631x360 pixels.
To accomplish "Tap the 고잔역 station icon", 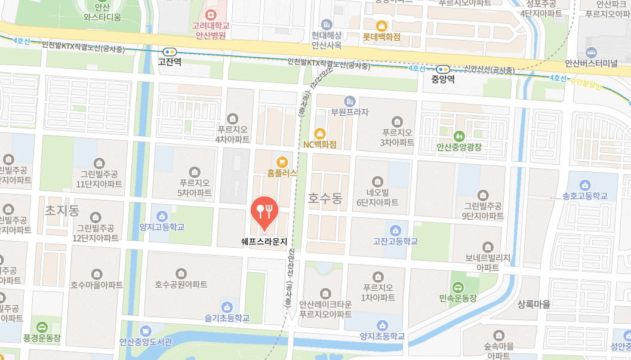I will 170,52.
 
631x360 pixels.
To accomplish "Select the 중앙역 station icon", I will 442,69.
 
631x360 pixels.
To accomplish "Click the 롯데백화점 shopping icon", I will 381,26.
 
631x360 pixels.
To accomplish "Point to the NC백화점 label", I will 320,144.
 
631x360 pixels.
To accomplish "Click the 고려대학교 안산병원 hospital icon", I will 209,14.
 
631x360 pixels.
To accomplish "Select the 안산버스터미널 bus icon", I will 591,52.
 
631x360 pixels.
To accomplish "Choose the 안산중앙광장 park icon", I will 458,135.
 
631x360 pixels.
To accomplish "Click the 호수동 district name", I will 325,198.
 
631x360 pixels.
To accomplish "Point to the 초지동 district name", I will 62,210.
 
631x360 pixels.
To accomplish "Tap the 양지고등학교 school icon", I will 162,216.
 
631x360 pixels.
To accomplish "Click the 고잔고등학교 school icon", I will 395,230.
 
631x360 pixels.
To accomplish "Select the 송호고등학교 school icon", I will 584,184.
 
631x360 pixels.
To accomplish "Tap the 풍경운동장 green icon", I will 41,327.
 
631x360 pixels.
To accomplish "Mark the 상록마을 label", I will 534,304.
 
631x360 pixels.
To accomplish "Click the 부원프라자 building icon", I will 350,100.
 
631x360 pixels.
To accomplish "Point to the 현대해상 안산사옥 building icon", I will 326,24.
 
